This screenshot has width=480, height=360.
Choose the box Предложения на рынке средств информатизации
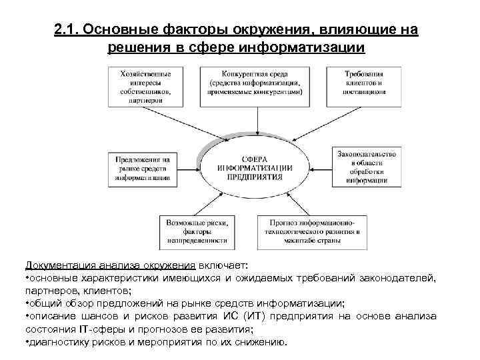143,169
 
